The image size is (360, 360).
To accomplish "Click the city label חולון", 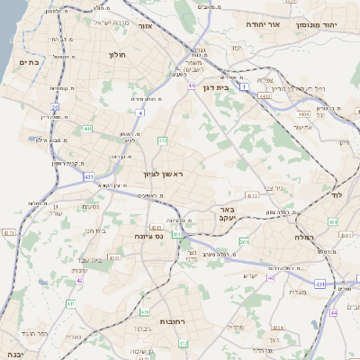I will pos(117,55).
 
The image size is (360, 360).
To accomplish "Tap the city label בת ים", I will pos(27,62).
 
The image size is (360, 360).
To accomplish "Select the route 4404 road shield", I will pos(303,115).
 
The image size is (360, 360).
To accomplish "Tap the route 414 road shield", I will pos(277,328).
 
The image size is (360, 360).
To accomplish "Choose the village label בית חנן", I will pos(96,230).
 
